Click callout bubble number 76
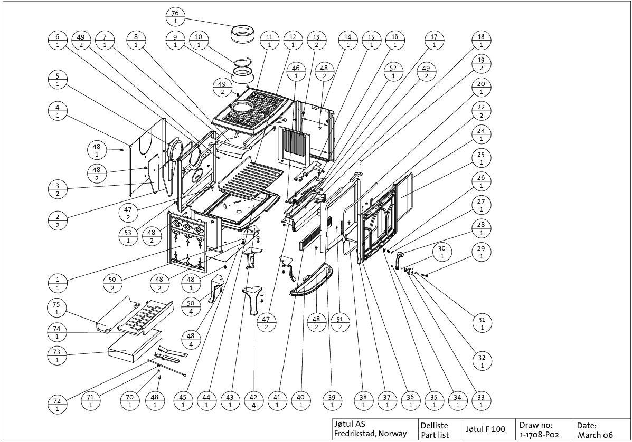[x=175, y=16]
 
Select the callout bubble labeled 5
[x=57, y=79]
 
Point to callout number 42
[x=253, y=401]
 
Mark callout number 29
[x=481, y=252]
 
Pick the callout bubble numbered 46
[x=296, y=72]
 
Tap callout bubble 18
[x=481, y=41]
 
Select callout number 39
[x=332, y=401]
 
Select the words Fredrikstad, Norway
[x=370, y=434]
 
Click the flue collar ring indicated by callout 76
[x=244, y=36]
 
